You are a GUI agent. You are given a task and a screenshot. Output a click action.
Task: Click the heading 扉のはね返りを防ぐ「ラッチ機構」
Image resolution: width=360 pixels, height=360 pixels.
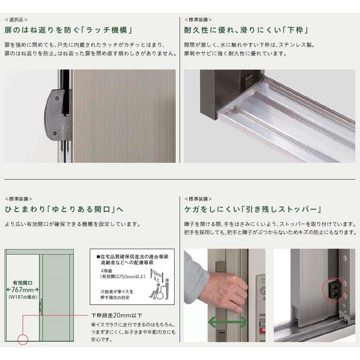pos(69,30)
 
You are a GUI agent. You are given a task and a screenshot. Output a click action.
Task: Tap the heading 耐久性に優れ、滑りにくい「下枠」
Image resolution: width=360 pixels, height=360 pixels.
pos(246,30)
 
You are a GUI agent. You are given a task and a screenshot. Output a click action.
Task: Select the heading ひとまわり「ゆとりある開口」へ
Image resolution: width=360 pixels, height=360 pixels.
pos(64,210)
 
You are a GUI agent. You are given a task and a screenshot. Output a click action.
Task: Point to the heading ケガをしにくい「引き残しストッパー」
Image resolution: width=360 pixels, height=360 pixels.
pos(253,210)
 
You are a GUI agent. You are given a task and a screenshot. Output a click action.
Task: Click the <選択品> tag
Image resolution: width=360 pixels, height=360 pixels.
pos(16,19)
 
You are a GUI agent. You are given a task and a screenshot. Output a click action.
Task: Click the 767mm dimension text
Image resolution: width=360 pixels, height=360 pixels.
pos(23,290)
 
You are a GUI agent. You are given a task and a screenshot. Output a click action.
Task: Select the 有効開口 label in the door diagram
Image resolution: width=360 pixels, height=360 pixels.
pos(23,283)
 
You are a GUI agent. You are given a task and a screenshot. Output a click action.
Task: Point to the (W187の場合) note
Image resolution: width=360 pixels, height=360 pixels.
pos(23,297)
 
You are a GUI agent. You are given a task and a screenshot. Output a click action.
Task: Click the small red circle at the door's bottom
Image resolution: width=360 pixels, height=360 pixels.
pos(23,339)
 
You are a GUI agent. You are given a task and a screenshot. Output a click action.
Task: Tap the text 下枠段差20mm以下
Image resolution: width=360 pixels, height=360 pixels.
pos(117,315)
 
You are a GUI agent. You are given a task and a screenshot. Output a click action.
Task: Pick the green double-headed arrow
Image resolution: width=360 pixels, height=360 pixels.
pos(228,322)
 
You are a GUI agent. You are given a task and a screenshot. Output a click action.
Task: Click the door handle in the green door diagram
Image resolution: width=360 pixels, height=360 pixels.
pos(41,307)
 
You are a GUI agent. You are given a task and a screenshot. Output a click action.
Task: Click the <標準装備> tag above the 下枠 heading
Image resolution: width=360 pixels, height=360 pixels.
pos(198,19)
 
